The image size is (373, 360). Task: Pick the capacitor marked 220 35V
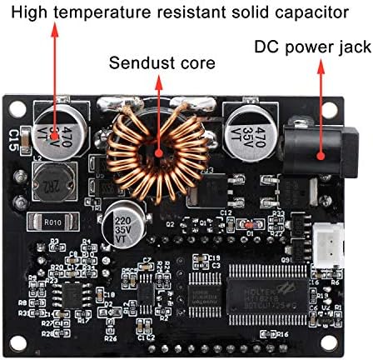[122, 227]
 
